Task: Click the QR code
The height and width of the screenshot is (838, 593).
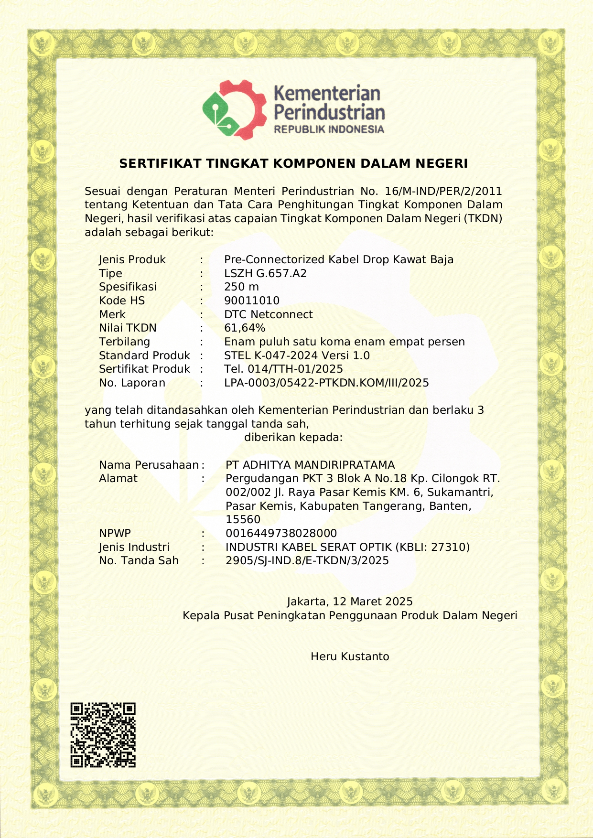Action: pos(103,735)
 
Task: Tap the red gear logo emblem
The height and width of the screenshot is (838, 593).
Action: pos(234,110)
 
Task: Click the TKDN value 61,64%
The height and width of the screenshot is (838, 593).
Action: pos(245,328)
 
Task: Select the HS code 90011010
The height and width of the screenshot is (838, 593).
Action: pos(252,301)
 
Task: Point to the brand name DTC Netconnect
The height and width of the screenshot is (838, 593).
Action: pos(268,314)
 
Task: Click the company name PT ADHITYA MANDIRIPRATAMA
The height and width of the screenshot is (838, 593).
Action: pos(310,465)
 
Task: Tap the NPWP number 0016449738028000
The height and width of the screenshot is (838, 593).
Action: pos(281,533)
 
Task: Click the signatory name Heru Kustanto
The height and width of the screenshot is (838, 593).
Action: pos(350,656)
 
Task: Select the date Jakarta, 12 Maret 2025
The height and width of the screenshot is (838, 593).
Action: pos(350,602)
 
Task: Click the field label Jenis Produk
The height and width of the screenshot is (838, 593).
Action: pos(132,260)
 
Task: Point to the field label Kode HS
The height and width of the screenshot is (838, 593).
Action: pos(122,301)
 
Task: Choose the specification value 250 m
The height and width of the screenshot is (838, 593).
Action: pos(241,287)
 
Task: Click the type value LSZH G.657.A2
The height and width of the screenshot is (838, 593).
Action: pos(265,274)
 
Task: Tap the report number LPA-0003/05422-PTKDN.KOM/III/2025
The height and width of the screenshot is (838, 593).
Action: pos(326,383)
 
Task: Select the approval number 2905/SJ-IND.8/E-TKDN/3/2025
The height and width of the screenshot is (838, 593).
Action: pos(307,561)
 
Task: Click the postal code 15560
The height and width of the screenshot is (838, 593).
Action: pos(243,520)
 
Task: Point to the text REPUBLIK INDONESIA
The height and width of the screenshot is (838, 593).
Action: pos(329,129)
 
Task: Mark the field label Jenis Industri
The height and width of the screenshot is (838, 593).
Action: pos(134,547)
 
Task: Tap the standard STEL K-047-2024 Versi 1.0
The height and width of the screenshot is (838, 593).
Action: pos(297,355)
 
